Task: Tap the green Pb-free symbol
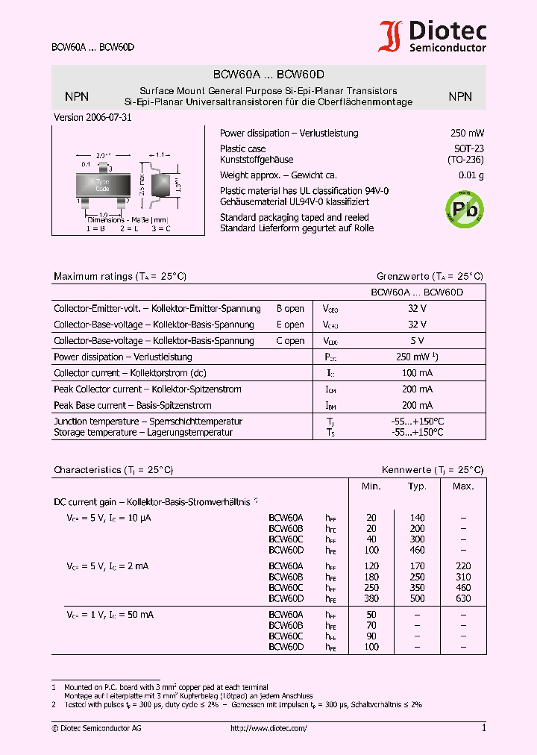coord(463,208)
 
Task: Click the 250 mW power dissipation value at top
coord(467,134)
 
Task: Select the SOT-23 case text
coord(468,149)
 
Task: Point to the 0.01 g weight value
coord(471,176)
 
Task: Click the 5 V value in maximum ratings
coord(417,341)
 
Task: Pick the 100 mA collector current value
coord(417,373)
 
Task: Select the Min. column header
coord(371,486)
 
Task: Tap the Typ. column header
coord(417,486)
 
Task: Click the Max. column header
coord(463,486)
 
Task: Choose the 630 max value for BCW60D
coord(463,598)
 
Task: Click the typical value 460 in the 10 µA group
coord(417,550)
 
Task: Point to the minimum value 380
coord(371,598)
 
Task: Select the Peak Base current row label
coord(133,406)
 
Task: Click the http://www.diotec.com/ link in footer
coord(268,728)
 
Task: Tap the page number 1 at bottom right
coord(483,728)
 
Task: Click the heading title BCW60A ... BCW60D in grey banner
coord(268,75)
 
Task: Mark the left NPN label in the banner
coord(77,96)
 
